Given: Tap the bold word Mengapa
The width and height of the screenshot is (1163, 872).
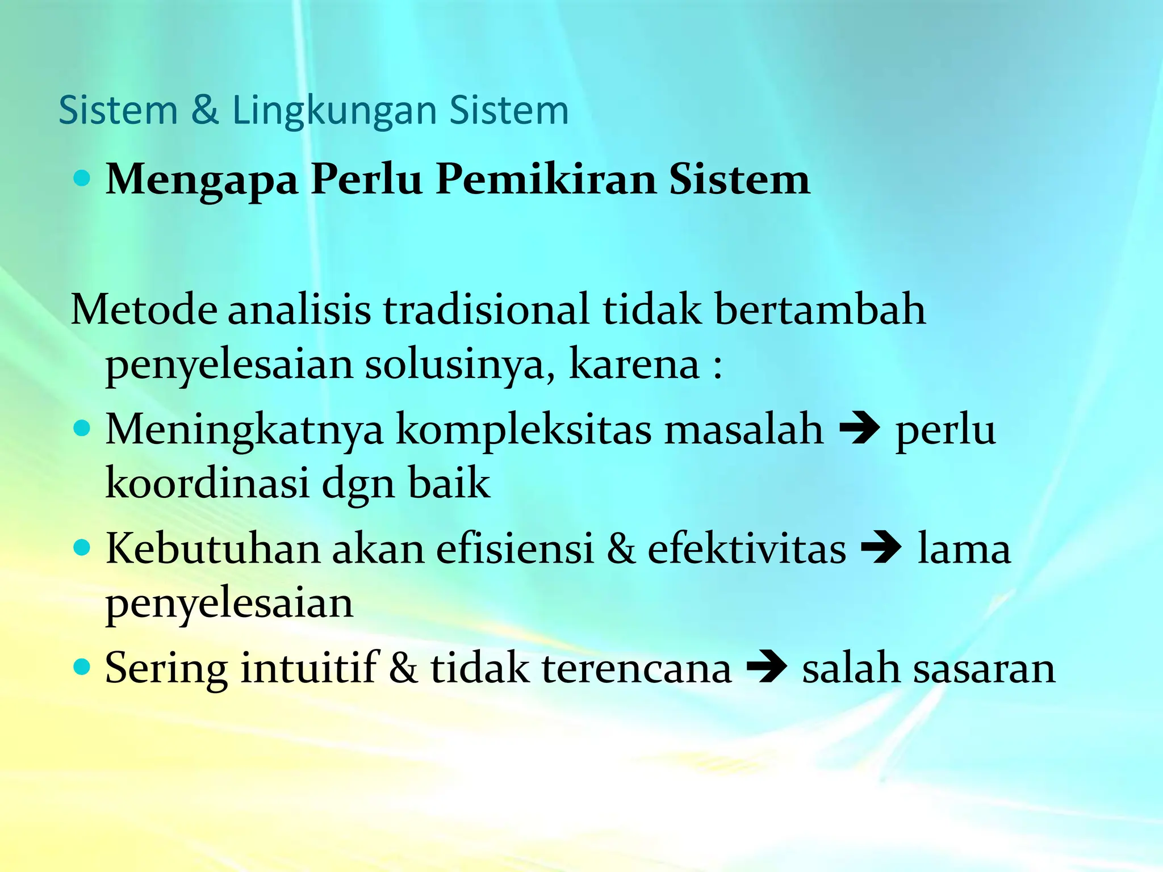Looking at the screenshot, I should (x=202, y=181).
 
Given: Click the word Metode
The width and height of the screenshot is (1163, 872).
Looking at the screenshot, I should (x=144, y=310).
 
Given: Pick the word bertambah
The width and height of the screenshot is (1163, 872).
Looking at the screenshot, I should (x=819, y=310).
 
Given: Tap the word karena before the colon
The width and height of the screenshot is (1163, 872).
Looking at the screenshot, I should (x=634, y=364).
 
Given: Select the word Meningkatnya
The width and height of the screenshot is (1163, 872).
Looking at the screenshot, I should (x=244, y=430).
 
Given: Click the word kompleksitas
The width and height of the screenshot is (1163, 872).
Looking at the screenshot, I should (x=524, y=430).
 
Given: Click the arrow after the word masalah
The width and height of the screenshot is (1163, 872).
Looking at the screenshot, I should (x=859, y=430).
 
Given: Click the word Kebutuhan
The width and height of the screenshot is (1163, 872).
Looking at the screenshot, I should (x=213, y=549).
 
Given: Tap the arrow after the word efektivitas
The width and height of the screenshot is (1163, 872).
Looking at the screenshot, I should (x=881, y=550).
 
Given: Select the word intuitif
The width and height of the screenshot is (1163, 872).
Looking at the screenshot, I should (x=309, y=668).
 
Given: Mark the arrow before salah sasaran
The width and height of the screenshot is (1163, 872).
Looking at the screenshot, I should (x=767, y=669).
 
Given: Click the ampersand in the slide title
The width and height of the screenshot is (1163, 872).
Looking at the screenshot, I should (x=205, y=111).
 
